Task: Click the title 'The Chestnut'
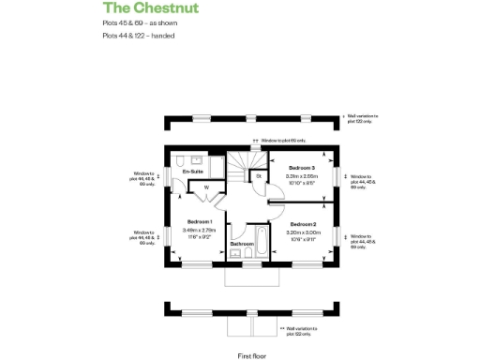coord(145,9)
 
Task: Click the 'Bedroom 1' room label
coord(200,221)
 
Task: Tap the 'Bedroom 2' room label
coord(303,224)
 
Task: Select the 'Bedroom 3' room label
coord(299,166)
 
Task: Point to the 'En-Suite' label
coord(194,172)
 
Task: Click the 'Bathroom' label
coord(243,244)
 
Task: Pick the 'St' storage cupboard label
coord(258,176)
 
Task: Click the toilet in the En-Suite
coord(177,184)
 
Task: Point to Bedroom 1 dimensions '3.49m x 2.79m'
coord(199,230)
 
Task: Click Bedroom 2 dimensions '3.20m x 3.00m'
coord(302,232)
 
